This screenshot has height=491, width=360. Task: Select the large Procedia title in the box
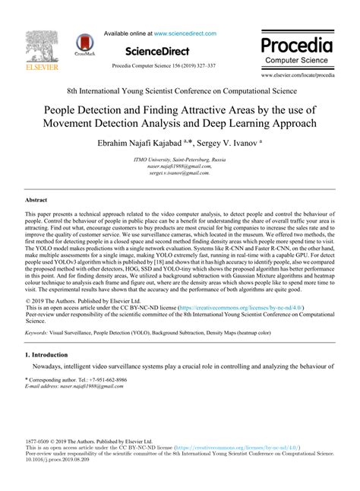pyautogui.click(x=301, y=44)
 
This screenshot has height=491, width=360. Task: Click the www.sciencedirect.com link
pyautogui.click(x=185, y=33)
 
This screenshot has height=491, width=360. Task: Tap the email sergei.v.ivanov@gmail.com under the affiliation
pyautogui.click(x=179, y=173)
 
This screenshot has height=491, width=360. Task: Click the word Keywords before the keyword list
pyautogui.click(x=40, y=333)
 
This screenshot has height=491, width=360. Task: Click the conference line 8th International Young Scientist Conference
pyautogui.click(x=179, y=90)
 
